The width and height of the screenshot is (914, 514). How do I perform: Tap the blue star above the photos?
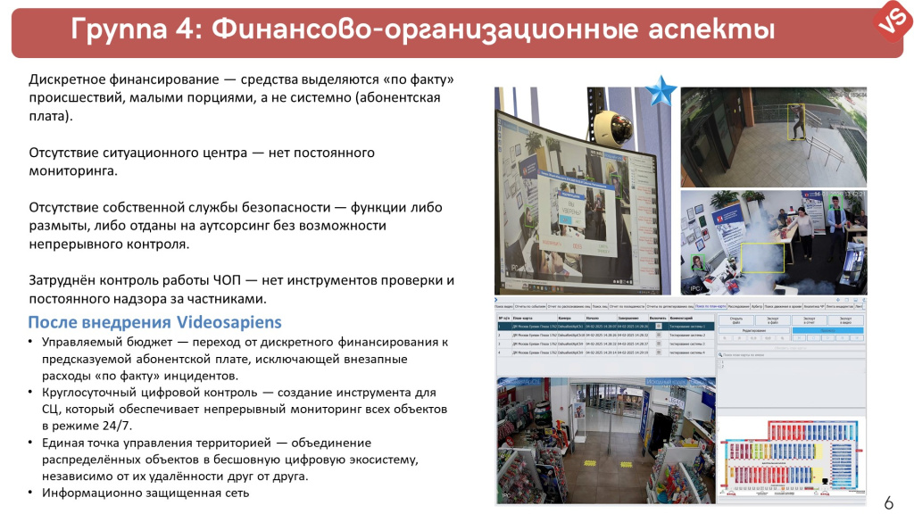click(661, 91)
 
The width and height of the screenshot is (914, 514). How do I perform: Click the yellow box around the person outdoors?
click(795, 128)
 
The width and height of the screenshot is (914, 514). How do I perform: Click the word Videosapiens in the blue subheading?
click(229, 322)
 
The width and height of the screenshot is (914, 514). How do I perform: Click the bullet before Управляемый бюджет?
click(32, 343)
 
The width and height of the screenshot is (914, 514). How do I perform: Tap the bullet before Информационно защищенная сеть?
click(32, 493)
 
